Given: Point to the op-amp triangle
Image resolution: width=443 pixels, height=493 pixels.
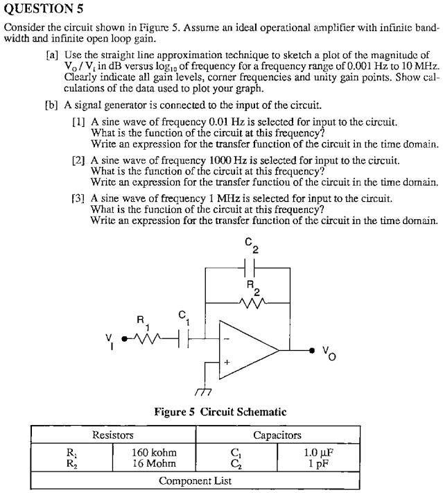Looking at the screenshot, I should (x=246, y=350).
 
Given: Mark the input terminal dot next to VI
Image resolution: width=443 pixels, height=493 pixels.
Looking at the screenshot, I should (x=125, y=339).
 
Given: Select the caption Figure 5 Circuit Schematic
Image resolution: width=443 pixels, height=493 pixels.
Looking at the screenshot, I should (x=220, y=412).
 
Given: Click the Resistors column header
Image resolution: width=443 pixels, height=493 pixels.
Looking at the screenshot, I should (x=113, y=435).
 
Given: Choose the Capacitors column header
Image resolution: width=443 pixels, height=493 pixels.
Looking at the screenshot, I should (x=277, y=435).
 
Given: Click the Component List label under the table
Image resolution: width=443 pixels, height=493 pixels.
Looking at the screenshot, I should (x=195, y=481).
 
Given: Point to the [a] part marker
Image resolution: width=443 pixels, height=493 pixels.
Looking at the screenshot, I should (x=51, y=54).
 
